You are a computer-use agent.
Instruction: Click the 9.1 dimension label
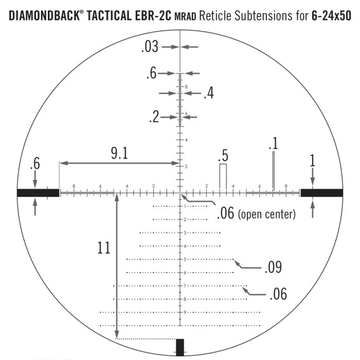(119, 153)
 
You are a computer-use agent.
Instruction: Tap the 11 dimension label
(103, 248)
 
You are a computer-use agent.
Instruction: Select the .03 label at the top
(149, 47)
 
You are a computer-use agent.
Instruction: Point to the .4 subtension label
(208, 93)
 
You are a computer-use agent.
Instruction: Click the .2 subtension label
(154, 117)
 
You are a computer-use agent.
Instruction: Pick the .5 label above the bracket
(223, 156)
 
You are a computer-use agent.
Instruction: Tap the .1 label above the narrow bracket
(273, 143)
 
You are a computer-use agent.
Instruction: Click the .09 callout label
(273, 267)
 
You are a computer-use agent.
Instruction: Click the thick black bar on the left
(38, 193)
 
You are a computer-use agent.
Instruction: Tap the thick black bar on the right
(321, 193)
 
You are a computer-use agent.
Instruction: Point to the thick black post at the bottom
(180, 347)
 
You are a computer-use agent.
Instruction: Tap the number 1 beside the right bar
(312, 161)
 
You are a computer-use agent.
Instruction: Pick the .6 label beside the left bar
(35, 165)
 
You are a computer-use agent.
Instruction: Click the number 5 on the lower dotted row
(185, 259)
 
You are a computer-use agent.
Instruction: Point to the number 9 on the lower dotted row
(185, 312)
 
